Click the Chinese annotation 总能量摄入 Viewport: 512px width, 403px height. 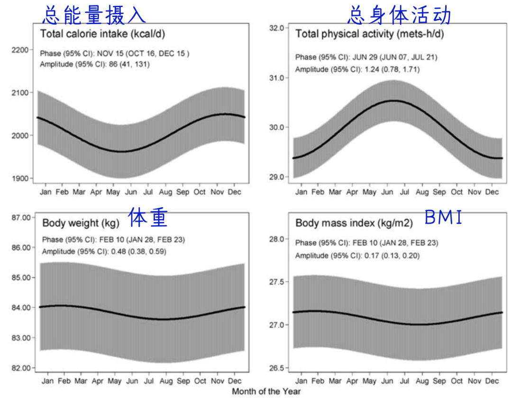coord(94,15)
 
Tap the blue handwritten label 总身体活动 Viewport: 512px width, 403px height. coord(399,15)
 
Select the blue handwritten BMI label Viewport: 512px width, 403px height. coord(443,217)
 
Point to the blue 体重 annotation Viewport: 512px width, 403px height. coord(147,217)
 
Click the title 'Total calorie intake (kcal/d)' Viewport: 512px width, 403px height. coord(102,34)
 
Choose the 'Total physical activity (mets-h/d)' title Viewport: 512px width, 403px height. coord(369,34)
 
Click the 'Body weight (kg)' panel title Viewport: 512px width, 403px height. coord(81,223)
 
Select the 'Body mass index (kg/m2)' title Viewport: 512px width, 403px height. coord(354,223)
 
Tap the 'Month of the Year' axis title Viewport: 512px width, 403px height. coord(266,391)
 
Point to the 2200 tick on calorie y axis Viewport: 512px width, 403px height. coord(20,50)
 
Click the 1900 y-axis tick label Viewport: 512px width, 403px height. coord(20,179)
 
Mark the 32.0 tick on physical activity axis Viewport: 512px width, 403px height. coord(276,28)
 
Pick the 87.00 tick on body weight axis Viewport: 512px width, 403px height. coord(21,217)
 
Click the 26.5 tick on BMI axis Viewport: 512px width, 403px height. coord(276,368)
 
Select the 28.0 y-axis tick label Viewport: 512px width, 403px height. coord(276,239)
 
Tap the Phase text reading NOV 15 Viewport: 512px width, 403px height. coord(114,54)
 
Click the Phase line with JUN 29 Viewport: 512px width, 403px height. coord(366,57)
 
